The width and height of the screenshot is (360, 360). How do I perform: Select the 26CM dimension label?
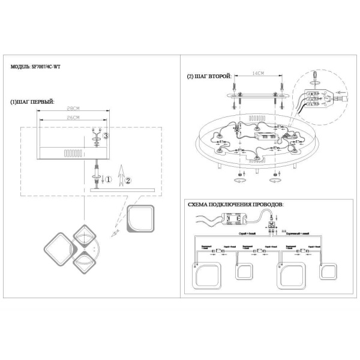(73, 118)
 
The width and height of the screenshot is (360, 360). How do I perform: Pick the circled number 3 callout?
(106, 137)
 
